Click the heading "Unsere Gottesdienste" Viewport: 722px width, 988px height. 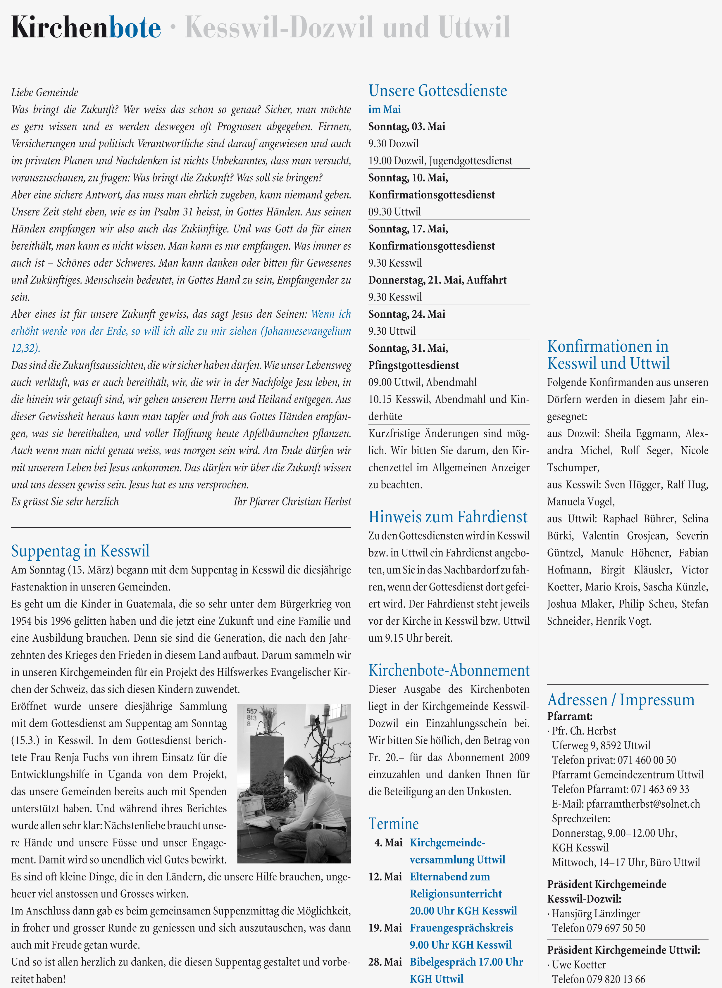point(437,91)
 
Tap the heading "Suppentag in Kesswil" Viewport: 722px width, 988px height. point(80,551)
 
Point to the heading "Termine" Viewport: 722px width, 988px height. point(393,824)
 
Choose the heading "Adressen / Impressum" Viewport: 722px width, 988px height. point(621,700)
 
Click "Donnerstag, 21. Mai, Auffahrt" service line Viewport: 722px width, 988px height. point(437,280)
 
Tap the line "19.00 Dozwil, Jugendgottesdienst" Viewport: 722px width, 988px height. point(440,161)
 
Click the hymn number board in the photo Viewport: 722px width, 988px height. point(252,717)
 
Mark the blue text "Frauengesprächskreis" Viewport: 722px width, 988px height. point(461,928)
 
